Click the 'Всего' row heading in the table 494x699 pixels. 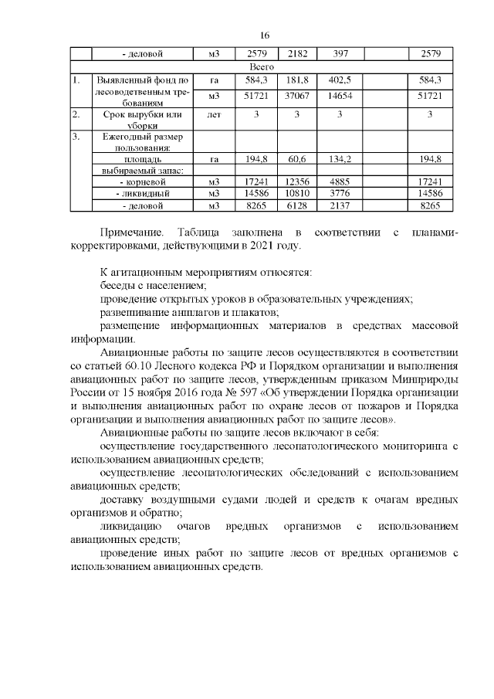click(264, 67)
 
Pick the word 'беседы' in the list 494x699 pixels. click(117, 286)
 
